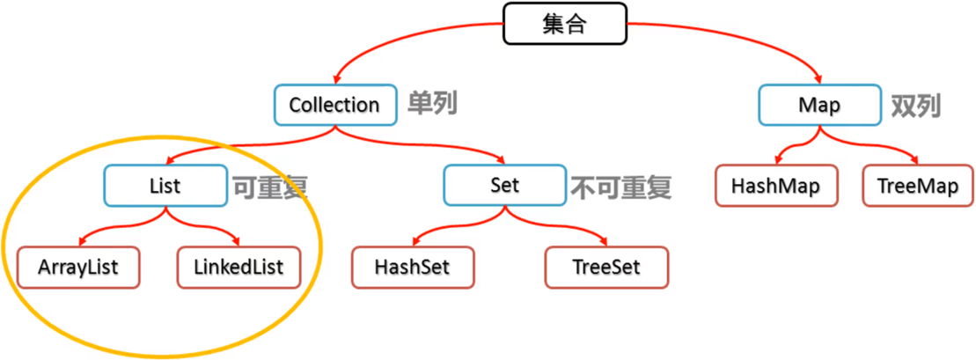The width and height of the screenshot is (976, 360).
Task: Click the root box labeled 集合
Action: [x=564, y=24]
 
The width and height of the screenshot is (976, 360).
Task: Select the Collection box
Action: [x=334, y=106]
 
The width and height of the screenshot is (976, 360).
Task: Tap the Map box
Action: [x=819, y=106]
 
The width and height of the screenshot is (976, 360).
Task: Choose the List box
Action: [x=165, y=186]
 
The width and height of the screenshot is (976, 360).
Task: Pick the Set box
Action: [x=505, y=186]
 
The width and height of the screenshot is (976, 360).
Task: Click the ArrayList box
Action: [x=78, y=266]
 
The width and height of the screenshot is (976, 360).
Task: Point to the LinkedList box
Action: [x=238, y=266]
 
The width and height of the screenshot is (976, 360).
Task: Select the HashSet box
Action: [x=413, y=266]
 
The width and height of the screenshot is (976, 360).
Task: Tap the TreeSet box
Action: [x=605, y=266]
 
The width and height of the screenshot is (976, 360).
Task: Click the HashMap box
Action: [x=775, y=186]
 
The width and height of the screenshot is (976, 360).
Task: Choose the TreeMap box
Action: [x=918, y=186]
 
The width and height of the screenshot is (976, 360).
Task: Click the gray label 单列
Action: [x=432, y=104]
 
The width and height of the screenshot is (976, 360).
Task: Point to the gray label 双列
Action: [x=916, y=106]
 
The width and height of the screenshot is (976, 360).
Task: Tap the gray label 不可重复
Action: [x=621, y=187]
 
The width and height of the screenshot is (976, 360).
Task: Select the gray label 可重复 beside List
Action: [x=270, y=187]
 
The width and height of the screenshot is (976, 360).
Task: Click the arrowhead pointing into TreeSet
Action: [x=605, y=243]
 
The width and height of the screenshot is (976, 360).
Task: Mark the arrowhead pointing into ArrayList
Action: [x=81, y=243]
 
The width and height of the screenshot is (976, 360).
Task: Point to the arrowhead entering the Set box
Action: [x=503, y=162]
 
